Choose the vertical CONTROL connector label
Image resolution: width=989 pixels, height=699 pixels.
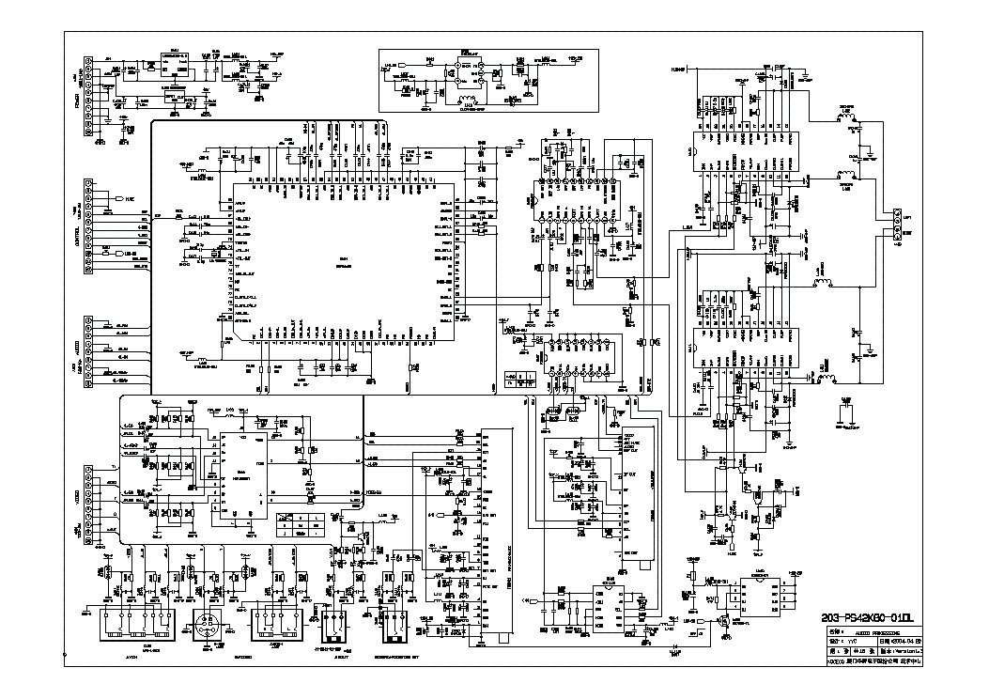coord(76,225)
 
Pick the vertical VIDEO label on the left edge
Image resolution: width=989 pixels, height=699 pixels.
coord(76,498)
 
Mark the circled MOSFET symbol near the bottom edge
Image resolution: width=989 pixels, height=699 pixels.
coord(724,621)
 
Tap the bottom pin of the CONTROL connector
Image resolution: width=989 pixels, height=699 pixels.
coord(88,272)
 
